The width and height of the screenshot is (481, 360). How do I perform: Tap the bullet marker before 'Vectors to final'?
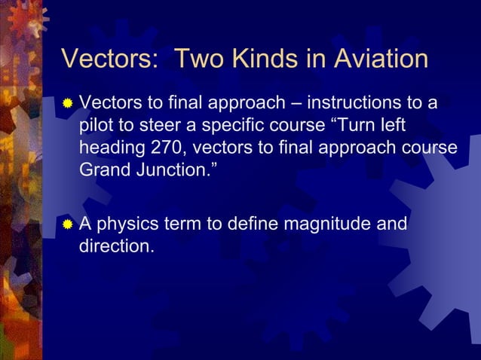tap(68, 102)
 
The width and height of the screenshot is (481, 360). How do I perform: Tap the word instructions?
tap(363, 102)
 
